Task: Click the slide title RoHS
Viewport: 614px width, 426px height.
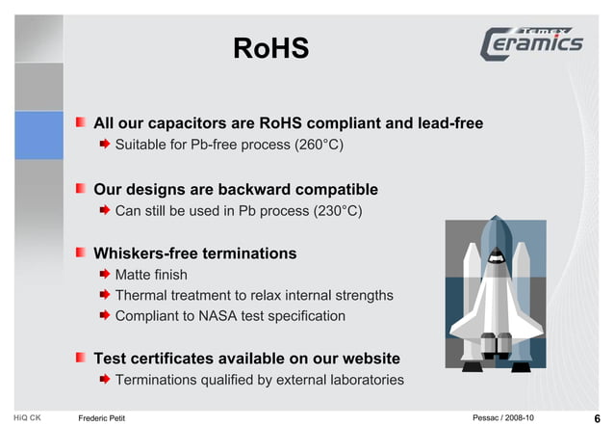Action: pyautogui.click(x=270, y=48)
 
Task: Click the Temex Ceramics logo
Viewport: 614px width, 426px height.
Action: pyautogui.click(x=532, y=43)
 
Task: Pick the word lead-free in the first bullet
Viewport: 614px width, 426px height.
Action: pyautogui.click(x=448, y=123)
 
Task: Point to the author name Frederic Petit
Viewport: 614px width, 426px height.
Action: pyautogui.click(x=102, y=417)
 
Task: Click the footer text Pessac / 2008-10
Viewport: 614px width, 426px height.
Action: pyautogui.click(x=504, y=417)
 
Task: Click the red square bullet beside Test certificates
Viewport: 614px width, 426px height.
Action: pyautogui.click(x=82, y=358)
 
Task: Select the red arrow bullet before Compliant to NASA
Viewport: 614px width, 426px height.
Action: pyautogui.click(x=105, y=315)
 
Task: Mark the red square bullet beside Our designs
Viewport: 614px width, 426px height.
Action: pyautogui.click(x=82, y=188)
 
